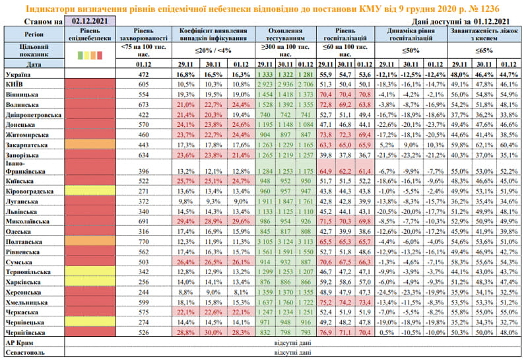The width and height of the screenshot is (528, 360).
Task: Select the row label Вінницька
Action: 21,94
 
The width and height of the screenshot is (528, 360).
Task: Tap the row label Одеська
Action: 18,231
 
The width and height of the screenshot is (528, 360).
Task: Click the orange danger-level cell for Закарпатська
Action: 91,144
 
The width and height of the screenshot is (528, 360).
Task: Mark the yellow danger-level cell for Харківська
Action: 91,281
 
